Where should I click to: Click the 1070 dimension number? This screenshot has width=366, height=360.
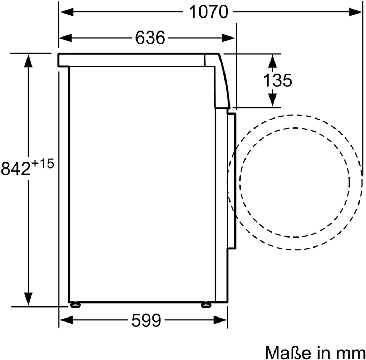(x=208, y=12)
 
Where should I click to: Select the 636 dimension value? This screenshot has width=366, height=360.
(x=150, y=37)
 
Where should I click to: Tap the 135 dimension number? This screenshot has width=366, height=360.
(x=277, y=80)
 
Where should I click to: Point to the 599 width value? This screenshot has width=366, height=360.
(x=146, y=320)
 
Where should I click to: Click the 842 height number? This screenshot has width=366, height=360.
(x=16, y=169)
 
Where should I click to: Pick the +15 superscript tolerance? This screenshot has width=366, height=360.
(x=43, y=163)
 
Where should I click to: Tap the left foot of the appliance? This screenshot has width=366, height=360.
(x=75, y=305)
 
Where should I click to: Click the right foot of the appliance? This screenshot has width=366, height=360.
(x=206, y=305)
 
